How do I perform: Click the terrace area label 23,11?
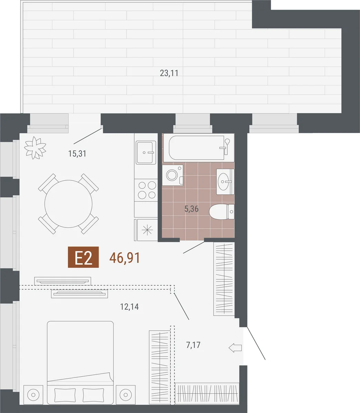(169, 73)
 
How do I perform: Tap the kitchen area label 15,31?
(77, 153)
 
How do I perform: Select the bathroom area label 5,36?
(191, 209)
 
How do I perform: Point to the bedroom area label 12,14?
(129, 307)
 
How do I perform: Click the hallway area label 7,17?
(193, 345)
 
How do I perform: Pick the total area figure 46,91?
(125, 258)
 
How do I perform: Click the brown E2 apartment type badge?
(83, 257)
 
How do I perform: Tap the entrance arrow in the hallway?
(235, 348)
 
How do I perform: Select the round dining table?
(68, 204)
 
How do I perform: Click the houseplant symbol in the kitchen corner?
(35, 148)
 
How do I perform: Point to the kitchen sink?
(146, 152)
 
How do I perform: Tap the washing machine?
(173, 175)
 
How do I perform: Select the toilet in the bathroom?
(222, 212)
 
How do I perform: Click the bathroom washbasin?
(225, 182)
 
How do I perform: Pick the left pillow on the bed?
(65, 395)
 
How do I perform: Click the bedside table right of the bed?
(126, 395)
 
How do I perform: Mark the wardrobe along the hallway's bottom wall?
(207, 393)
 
